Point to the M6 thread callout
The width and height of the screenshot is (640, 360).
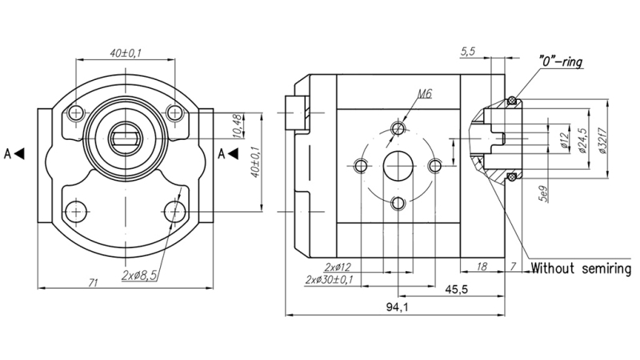423,94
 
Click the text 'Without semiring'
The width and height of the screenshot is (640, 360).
582,268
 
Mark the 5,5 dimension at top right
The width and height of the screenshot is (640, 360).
469,52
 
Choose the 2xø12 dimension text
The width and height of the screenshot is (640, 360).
339,266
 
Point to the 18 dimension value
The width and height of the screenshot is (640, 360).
482,266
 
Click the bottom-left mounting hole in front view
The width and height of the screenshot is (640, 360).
76,211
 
